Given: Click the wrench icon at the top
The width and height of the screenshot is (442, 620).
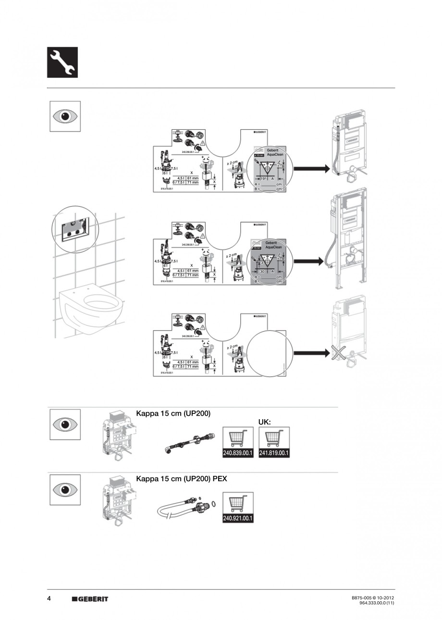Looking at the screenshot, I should [x=62, y=62].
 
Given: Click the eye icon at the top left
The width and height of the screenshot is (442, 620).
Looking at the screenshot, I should [x=65, y=116].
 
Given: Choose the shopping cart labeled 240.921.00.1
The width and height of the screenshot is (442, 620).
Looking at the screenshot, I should [x=238, y=508].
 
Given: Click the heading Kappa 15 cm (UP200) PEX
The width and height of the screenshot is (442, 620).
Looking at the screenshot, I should [x=182, y=479].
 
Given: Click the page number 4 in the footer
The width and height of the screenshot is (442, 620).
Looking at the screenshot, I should [x=49, y=598].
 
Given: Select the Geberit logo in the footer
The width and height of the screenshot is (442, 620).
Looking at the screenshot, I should [x=90, y=599].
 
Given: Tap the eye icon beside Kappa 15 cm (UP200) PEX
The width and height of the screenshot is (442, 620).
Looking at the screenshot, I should [x=65, y=490].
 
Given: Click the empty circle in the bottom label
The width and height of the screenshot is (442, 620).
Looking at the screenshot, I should [x=268, y=353].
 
